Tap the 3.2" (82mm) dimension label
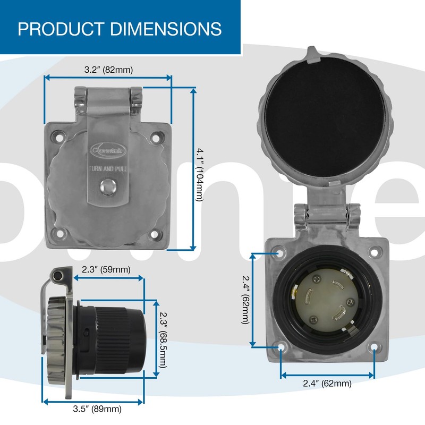pos(108,70)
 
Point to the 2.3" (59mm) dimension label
pos(106,269)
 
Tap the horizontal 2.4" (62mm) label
pos(327,384)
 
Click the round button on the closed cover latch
pos(108,186)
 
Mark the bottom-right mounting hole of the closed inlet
pos(155,234)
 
